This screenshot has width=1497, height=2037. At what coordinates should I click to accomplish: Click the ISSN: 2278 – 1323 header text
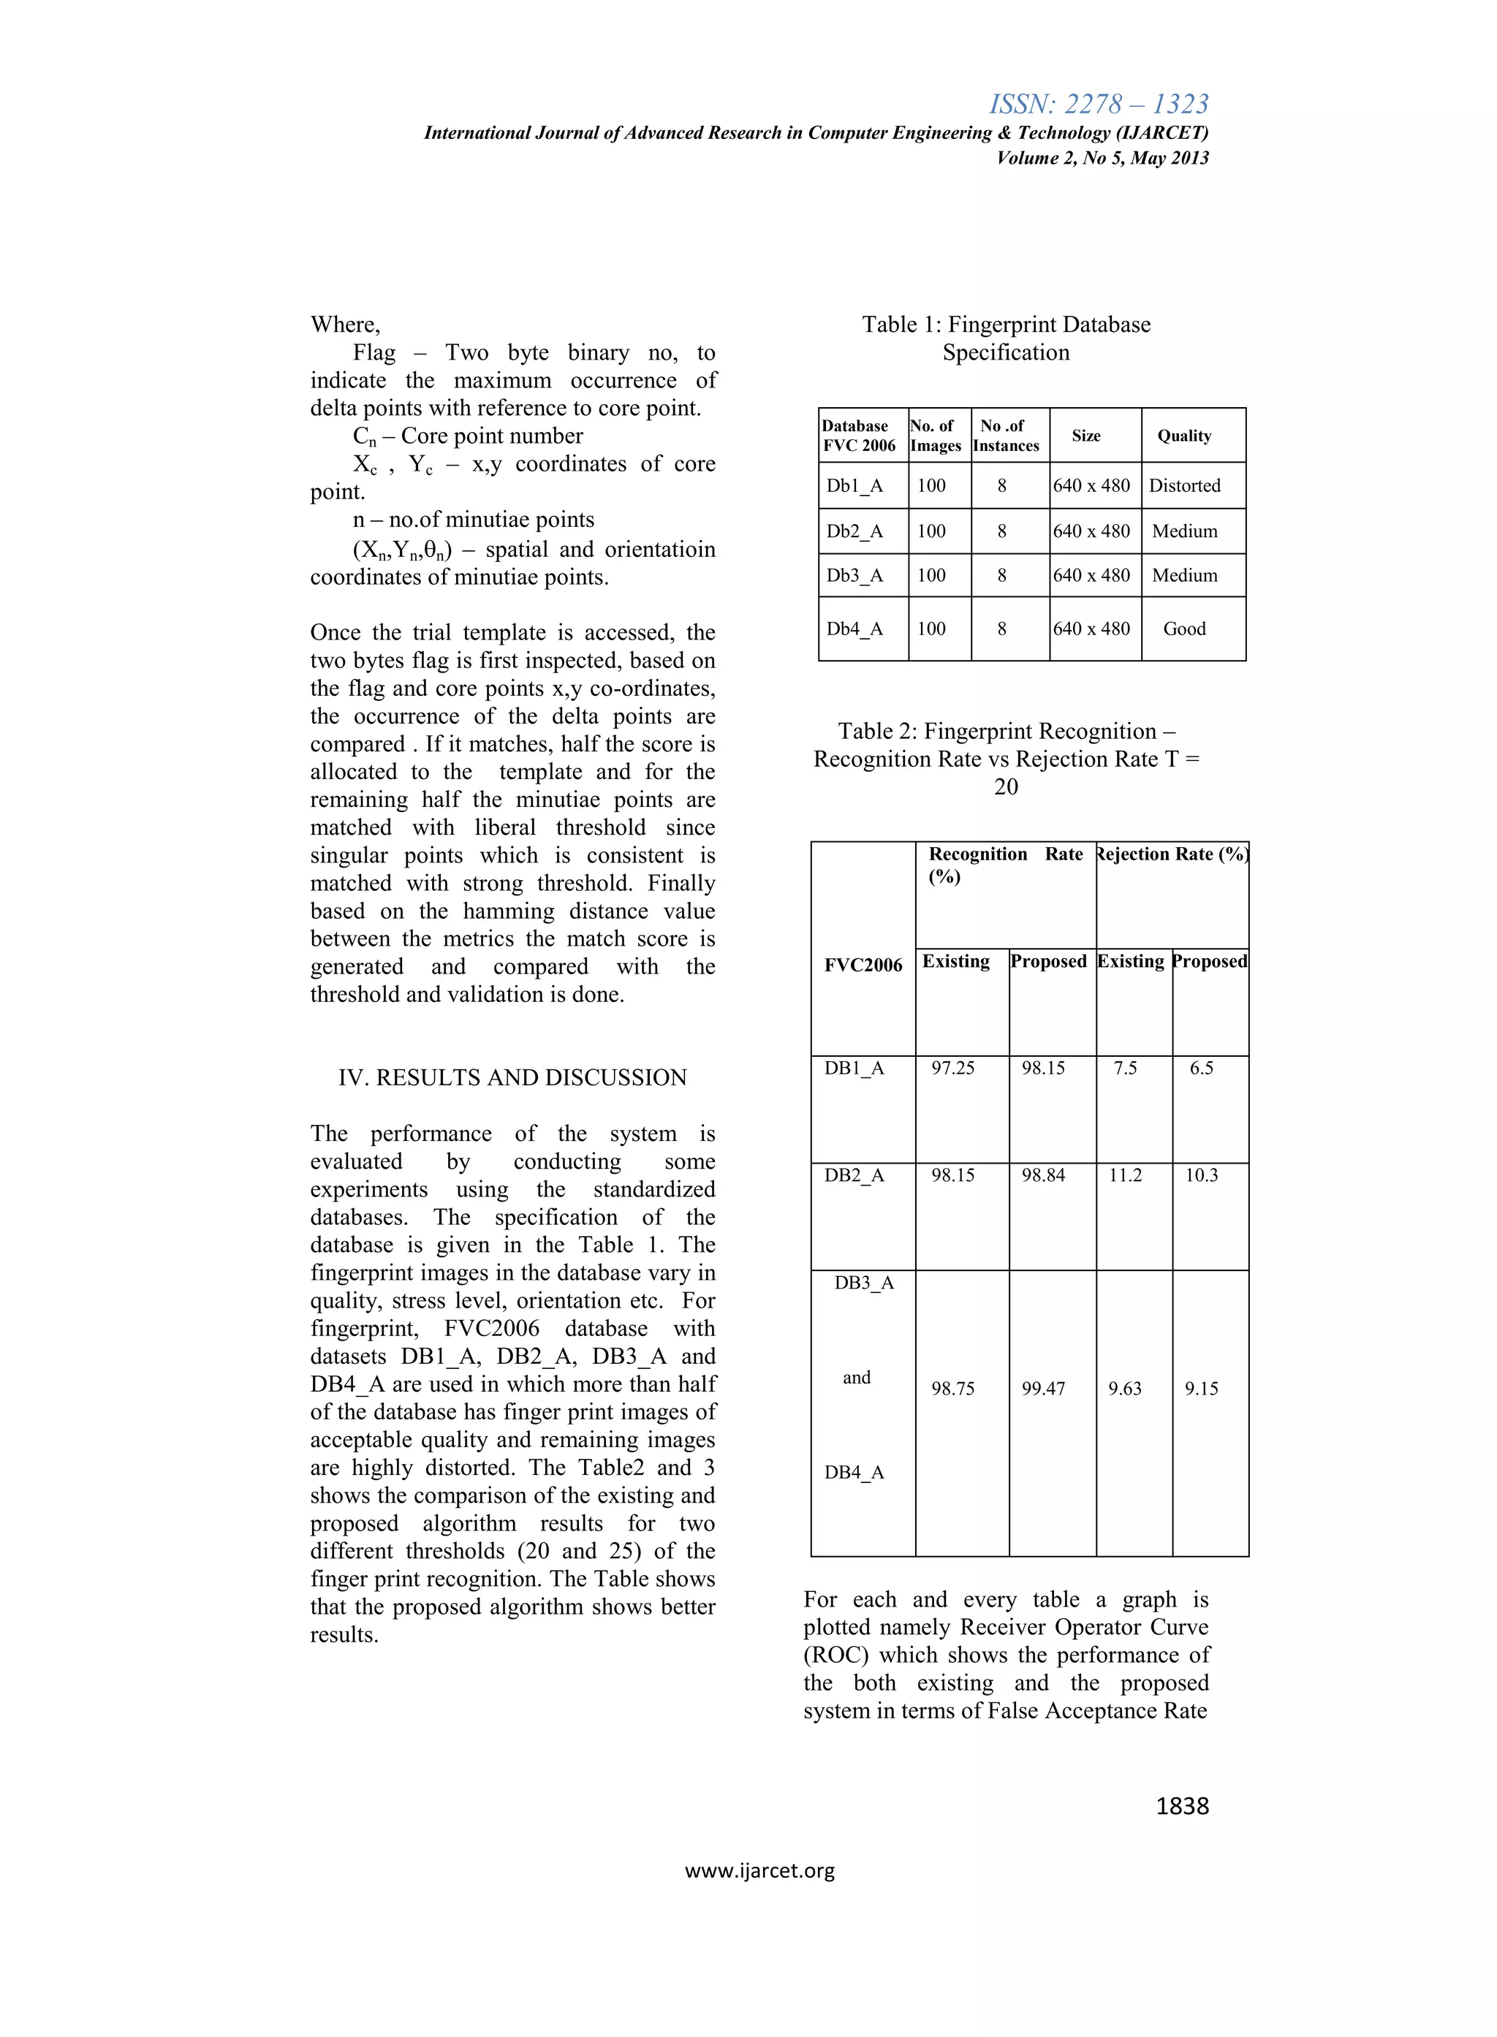[1099, 105]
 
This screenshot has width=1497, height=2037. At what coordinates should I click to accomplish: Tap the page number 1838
[1182, 1806]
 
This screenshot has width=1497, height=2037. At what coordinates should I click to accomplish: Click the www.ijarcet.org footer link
[759, 1870]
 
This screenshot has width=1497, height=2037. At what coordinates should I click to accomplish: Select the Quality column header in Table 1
[1183, 436]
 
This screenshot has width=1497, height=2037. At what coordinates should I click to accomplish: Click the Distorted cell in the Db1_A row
[1184, 486]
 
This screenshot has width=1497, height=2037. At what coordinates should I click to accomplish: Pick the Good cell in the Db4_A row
[1184, 629]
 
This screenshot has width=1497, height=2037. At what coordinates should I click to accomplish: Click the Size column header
[1085, 436]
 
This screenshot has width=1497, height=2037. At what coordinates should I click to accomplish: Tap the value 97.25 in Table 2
[952, 1069]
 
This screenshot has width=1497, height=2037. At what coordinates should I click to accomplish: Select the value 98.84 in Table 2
[1043, 1175]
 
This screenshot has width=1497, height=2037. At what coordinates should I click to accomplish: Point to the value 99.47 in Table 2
[1043, 1388]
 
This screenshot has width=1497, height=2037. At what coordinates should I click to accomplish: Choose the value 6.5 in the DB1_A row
[1201, 1069]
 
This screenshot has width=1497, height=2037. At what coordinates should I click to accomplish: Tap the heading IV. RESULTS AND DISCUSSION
[512, 1077]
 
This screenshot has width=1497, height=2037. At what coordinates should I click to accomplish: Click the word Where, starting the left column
[345, 325]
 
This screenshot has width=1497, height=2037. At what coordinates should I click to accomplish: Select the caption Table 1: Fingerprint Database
[1006, 325]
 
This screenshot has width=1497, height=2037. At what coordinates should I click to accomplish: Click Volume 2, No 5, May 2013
[1102, 158]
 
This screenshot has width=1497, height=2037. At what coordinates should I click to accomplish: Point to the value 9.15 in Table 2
[1201, 1388]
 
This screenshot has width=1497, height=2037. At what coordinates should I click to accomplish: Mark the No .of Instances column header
[1005, 436]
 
